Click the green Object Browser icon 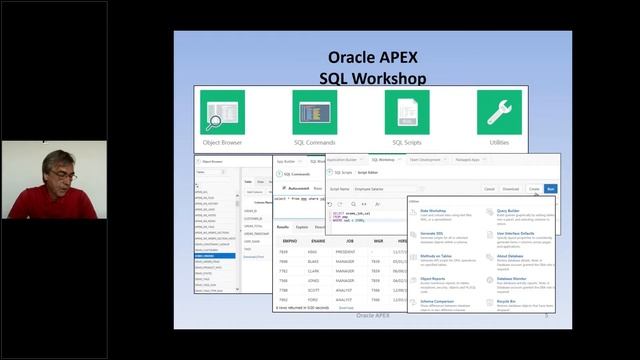coord(222,113)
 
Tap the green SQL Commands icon coord(314,113)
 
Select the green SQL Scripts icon coord(406,113)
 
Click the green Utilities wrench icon coord(498,113)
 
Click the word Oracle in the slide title coord(357,57)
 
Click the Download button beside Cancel coord(511,188)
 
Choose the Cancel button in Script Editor coord(489,188)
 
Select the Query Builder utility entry coord(510,211)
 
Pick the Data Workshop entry coord(434,211)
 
